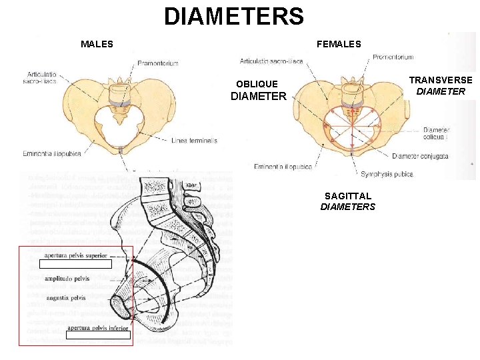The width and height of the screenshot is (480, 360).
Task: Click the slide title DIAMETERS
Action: click(x=233, y=17)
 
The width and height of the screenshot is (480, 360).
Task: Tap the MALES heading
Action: click(x=97, y=45)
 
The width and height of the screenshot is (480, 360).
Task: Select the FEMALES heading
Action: click(x=339, y=45)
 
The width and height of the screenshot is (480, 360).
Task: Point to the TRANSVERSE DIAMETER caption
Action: click(x=441, y=85)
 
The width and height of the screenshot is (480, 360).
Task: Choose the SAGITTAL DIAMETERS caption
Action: click(x=348, y=201)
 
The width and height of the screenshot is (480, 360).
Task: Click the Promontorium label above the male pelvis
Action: click(x=157, y=63)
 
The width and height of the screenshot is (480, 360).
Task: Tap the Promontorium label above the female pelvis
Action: click(x=393, y=57)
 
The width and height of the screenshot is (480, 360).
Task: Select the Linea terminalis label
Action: click(x=194, y=141)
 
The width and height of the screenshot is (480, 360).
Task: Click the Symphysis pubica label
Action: click(x=387, y=175)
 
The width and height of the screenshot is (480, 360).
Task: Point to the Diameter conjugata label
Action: click(x=420, y=156)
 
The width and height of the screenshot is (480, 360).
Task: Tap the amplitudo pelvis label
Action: click(x=67, y=279)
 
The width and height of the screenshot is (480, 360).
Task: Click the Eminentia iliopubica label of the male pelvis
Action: click(x=51, y=153)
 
